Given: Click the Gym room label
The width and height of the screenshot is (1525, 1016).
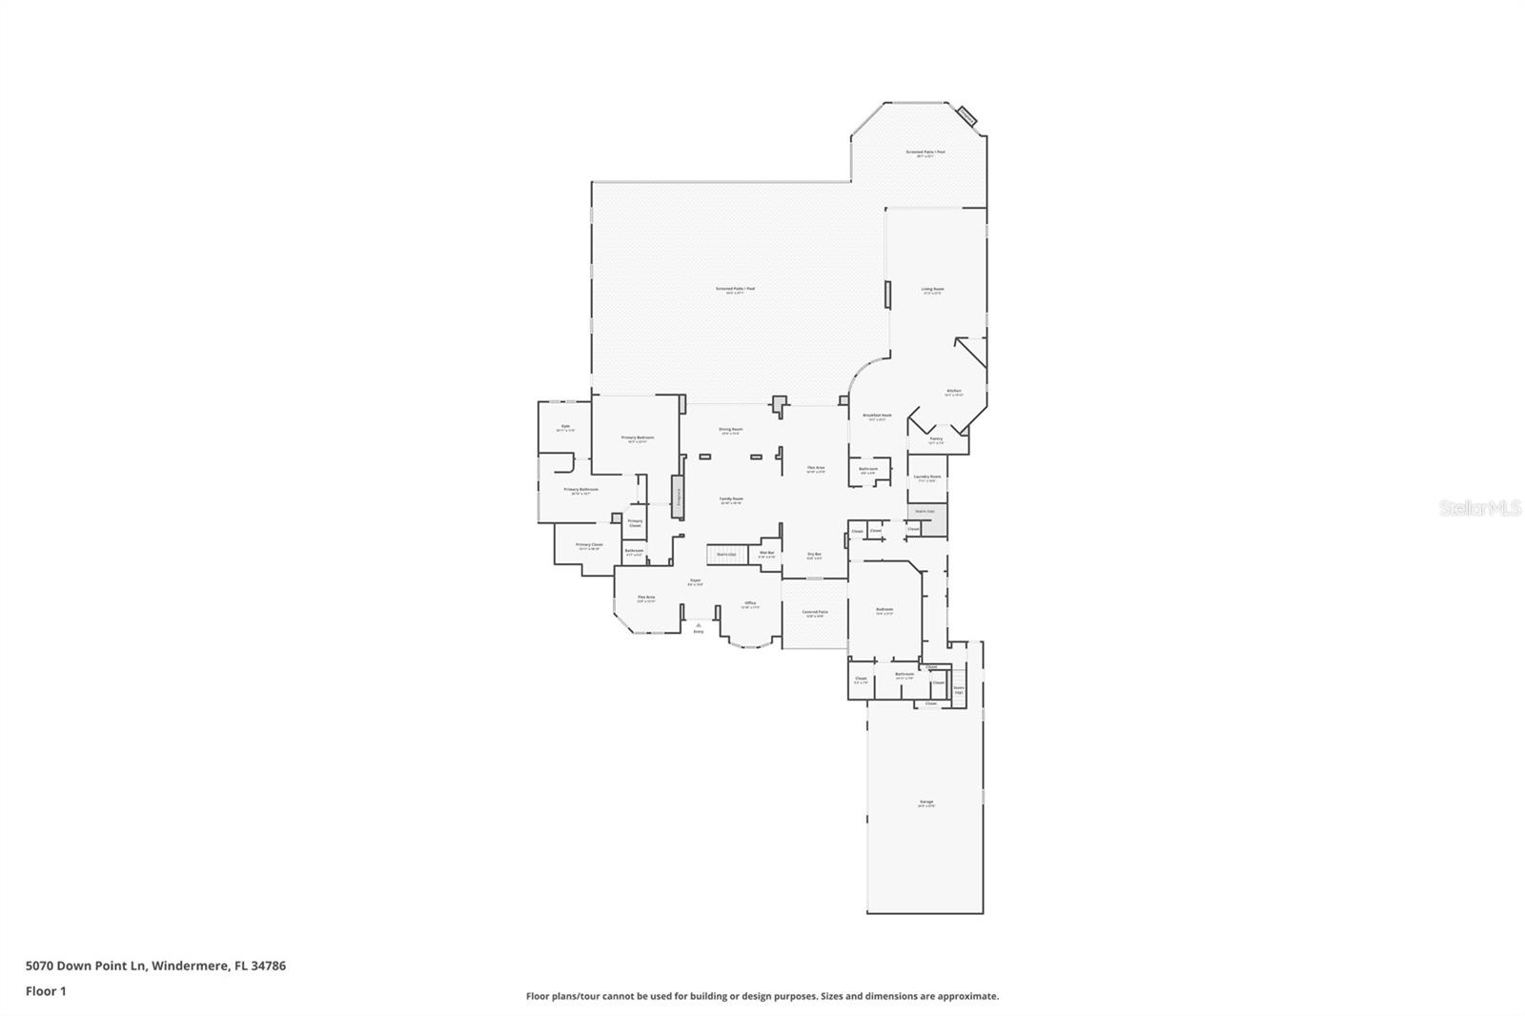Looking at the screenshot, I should [565, 426].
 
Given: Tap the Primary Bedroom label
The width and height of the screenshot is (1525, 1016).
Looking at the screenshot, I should [638, 437].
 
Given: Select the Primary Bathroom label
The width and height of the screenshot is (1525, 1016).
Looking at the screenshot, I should [580, 489].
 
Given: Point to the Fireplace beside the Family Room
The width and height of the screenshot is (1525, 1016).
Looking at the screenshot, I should [678, 497].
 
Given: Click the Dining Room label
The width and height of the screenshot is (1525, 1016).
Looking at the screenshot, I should [730, 429].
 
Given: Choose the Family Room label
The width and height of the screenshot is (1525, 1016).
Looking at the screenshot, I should [730, 498].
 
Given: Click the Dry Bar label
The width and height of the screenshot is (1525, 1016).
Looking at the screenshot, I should [814, 554].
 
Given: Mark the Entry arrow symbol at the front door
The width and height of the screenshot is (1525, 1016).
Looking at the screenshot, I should [698, 626].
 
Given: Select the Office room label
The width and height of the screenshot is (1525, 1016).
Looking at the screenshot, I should [750, 602].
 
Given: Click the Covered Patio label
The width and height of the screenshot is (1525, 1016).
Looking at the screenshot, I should [814, 612].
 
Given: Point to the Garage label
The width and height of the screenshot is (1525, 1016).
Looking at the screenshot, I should [925, 802].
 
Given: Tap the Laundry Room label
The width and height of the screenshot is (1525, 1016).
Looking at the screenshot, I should [926, 477].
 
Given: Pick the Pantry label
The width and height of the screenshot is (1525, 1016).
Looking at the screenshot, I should [935, 438].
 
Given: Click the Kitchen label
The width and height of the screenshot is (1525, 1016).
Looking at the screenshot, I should [953, 391].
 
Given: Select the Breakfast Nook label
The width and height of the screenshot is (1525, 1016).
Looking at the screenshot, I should [877, 416].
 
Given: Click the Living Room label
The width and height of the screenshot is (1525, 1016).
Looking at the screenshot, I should [932, 289].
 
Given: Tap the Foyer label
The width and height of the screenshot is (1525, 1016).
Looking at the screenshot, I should [695, 580].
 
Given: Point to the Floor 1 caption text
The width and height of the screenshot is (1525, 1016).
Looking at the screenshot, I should [46, 991].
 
